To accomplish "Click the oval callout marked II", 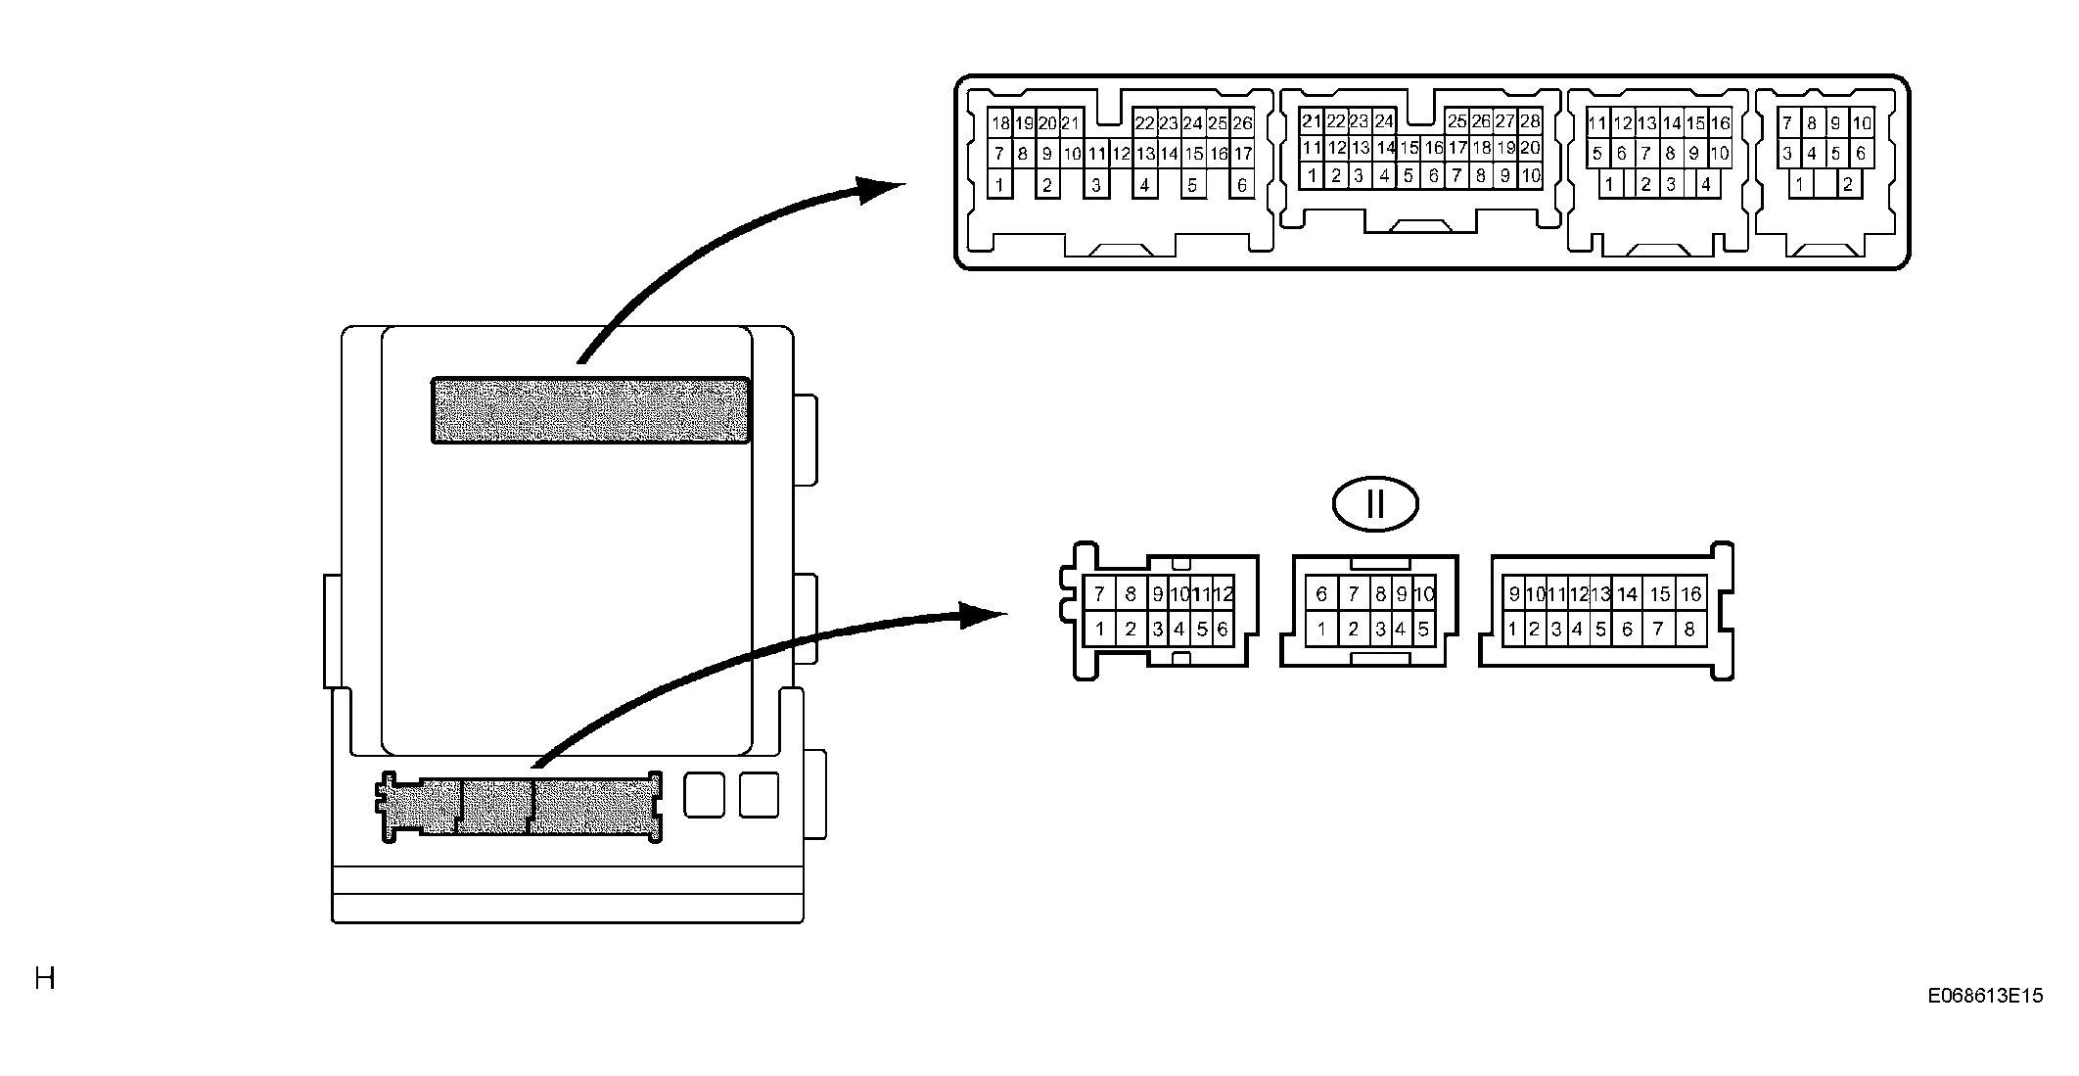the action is click(x=1375, y=505).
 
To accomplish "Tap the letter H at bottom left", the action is click(x=45, y=978).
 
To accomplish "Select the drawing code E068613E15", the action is click(x=1985, y=996).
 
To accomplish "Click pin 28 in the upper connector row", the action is click(x=1530, y=122).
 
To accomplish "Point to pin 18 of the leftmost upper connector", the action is click(x=999, y=123).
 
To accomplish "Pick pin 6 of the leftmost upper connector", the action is click(x=1242, y=185).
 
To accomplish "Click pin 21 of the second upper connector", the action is click(x=1312, y=122).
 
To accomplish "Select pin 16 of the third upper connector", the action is click(x=1720, y=123).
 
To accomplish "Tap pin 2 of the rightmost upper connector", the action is click(x=1847, y=184).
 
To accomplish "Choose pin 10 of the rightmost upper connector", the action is click(x=1862, y=123).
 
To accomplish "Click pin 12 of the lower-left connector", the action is click(x=1223, y=593).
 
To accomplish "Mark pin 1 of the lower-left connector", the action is click(x=1100, y=630).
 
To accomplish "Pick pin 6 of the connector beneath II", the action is click(x=1321, y=593).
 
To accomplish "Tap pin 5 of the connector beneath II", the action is click(x=1423, y=630).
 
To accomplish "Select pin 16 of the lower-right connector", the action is click(x=1690, y=594).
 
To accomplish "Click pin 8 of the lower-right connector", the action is click(x=1689, y=630).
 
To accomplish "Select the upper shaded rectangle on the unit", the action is click(x=591, y=410).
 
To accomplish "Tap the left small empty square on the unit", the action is click(x=704, y=794).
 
